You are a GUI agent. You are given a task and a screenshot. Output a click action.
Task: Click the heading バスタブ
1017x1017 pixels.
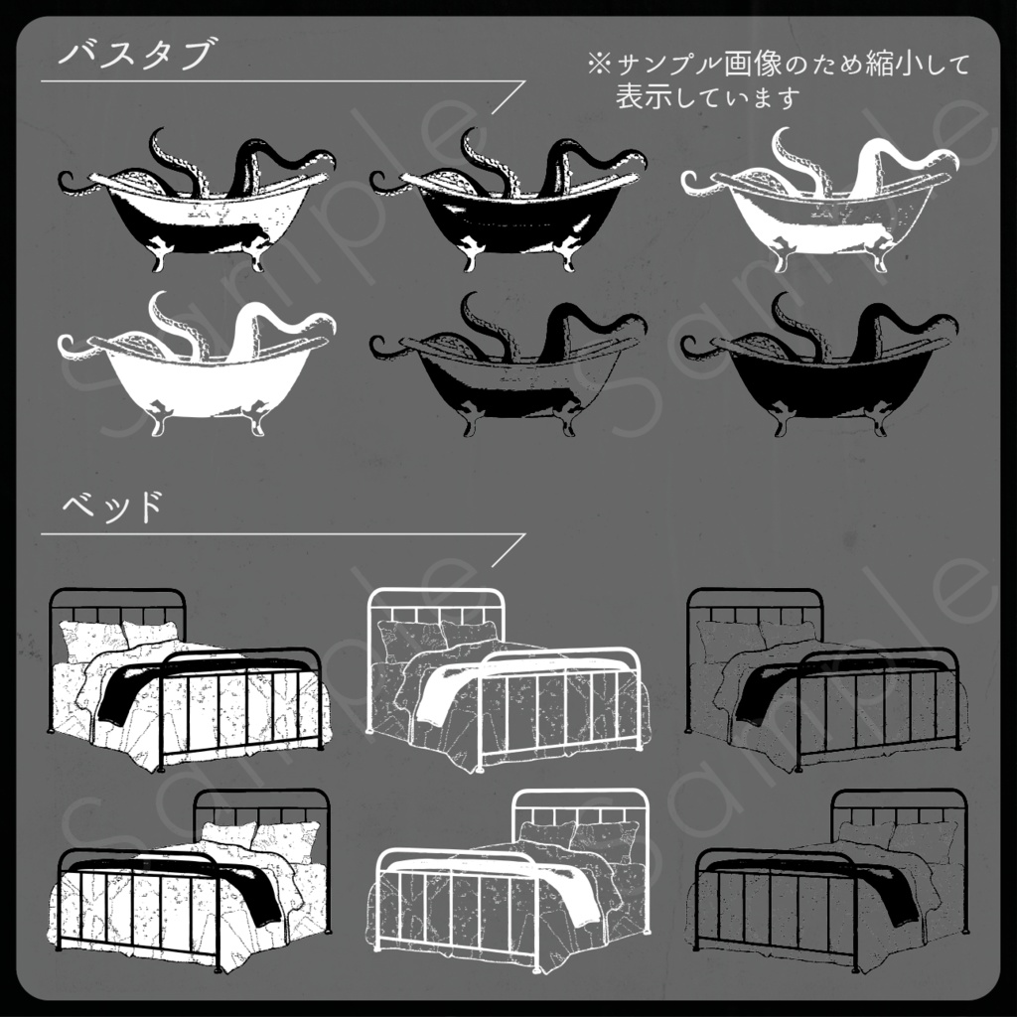tap(135, 54)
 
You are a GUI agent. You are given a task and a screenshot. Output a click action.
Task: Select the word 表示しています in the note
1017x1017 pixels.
tap(707, 98)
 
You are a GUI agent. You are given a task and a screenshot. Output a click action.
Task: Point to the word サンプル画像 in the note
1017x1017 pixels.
tap(696, 65)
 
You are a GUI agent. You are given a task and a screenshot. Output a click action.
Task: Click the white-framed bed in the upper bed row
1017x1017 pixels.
tap(507, 680)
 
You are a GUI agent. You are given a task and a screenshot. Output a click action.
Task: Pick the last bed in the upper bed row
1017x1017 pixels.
tap(824, 680)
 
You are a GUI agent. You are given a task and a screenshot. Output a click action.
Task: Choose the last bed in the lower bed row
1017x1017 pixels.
tap(828, 879)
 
